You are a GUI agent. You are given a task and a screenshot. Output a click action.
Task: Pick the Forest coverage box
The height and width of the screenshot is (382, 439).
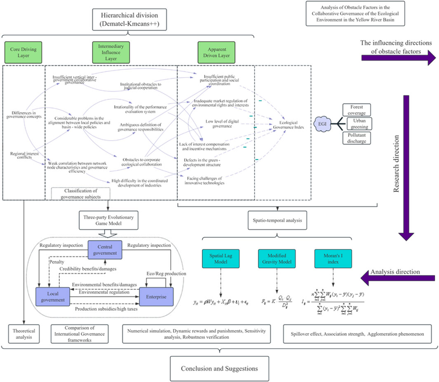356,110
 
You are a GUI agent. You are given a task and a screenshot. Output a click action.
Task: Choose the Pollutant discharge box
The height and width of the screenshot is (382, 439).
356,137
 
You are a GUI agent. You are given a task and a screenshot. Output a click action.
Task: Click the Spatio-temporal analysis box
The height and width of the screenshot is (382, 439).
276,220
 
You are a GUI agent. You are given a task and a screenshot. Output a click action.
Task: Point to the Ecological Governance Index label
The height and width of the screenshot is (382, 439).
289,124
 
